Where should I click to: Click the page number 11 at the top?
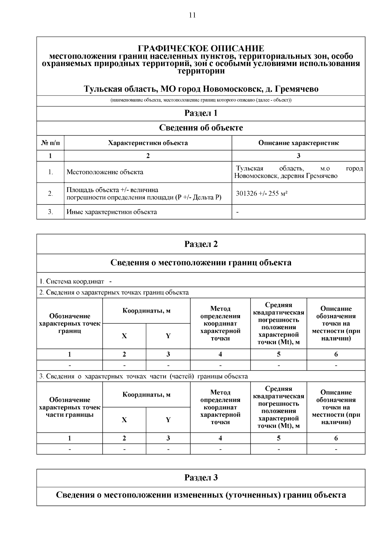click(192, 15)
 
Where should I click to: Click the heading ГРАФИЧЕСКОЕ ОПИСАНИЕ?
click(201, 49)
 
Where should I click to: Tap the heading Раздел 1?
click(201, 113)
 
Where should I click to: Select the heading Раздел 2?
click(201, 244)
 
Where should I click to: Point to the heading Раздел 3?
click(201, 478)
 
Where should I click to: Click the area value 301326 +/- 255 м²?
click(261, 194)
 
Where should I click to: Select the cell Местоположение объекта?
click(105, 172)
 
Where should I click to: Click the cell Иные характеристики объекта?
click(112, 212)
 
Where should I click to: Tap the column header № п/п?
click(50, 143)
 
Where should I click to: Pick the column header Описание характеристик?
click(298, 143)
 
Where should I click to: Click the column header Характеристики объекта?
click(148, 143)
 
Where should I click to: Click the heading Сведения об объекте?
click(201, 128)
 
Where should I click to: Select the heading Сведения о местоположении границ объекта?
click(201, 263)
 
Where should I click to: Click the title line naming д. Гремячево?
click(201, 89)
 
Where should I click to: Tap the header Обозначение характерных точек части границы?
click(70, 407)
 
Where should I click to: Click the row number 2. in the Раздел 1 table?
click(50, 194)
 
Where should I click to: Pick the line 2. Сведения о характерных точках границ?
click(114, 292)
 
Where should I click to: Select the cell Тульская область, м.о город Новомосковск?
click(298, 172)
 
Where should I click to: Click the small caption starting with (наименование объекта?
click(201, 100)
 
